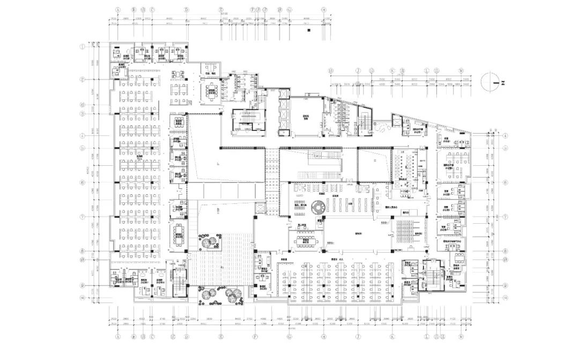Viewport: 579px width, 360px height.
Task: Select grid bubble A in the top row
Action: point(117,10)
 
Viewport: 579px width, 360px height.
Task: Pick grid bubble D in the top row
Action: point(187,10)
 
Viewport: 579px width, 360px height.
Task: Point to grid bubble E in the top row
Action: point(221,10)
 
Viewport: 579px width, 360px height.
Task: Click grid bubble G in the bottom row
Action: point(289,337)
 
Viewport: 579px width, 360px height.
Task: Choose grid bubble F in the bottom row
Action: point(255,337)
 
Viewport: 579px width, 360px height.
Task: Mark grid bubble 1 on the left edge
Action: point(83,47)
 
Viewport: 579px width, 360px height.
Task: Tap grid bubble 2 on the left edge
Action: point(83,80)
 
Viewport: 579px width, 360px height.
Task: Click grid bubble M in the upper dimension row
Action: point(461,70)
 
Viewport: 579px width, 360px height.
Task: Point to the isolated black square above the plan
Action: point(309,31)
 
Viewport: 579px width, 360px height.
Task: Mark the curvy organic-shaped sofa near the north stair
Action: point(382,128)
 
